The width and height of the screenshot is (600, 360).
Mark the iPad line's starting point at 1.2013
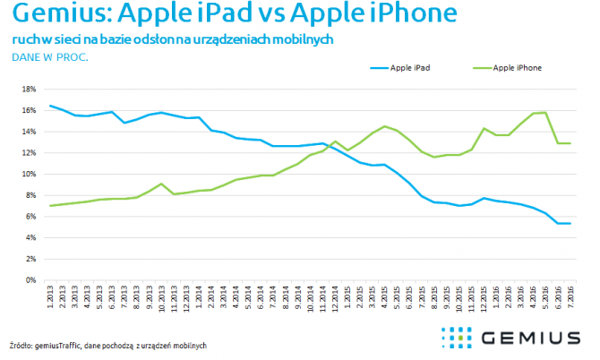click(x=49, y=106)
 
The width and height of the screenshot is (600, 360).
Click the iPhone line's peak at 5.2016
click(x=545, y=113)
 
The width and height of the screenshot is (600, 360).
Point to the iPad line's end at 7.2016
click(x=570, y=223)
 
